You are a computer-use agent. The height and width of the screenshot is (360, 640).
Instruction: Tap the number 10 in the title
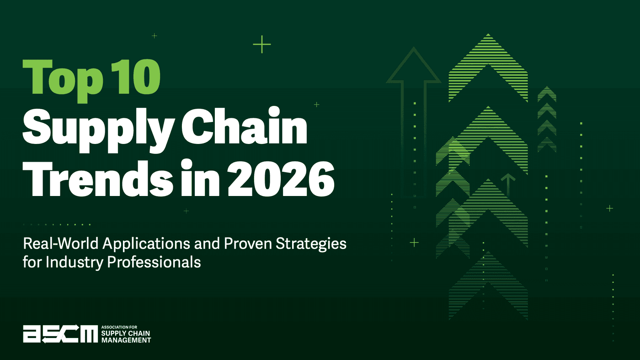(136, 77)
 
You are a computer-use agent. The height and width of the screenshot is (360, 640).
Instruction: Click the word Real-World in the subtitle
(60, 244)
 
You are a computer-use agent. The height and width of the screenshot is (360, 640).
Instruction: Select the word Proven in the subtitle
(248, 244)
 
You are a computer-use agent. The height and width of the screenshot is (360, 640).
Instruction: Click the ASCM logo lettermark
(60, 334)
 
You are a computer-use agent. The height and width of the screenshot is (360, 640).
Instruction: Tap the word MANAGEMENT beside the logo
(126, 340)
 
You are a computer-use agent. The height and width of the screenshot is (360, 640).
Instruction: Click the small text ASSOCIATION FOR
(119, 327)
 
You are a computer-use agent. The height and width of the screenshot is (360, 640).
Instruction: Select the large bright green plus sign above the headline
(261, 44)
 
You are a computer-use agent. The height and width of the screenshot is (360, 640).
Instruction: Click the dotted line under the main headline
(57, 225)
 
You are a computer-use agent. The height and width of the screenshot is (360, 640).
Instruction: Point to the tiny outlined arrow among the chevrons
(508, 184)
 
